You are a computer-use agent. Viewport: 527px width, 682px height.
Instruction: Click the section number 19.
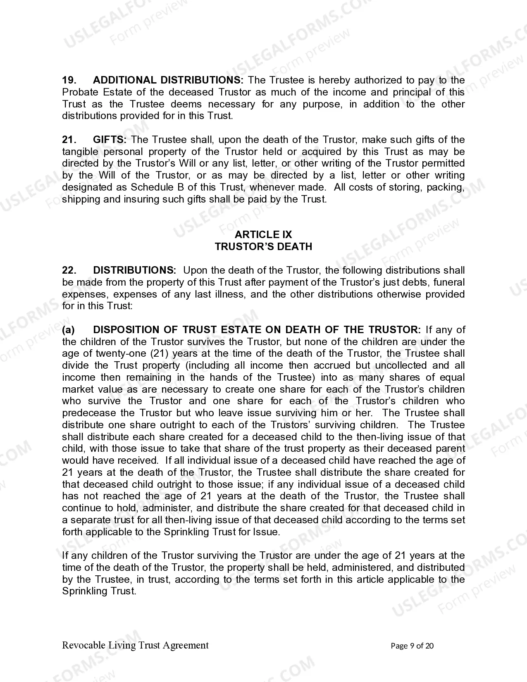coord(69,80)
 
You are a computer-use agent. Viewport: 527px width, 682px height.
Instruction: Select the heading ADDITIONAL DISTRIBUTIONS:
coord(168,80)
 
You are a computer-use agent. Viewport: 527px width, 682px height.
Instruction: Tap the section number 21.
coord(69,140)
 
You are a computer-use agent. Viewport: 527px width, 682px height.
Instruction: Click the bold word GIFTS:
coord(110,140)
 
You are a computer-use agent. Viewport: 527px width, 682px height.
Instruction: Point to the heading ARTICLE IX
coord(263,235)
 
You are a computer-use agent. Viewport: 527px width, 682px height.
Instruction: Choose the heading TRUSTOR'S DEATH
coord(263,247)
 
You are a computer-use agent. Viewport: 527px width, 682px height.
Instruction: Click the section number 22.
coord(69,270)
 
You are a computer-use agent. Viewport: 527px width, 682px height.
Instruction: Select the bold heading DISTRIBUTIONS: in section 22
coord(135,270)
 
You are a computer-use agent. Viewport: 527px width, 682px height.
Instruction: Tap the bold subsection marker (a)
coord(69,330)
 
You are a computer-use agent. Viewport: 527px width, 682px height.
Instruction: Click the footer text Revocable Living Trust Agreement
coord(135,645)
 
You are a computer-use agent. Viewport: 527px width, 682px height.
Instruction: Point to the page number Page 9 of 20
coord(412,646)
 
